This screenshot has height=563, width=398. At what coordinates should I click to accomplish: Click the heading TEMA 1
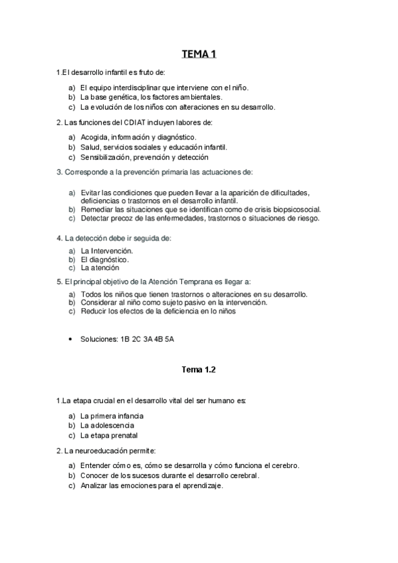coord(199,54)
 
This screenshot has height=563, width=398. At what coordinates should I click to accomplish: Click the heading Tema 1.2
coord(199,369)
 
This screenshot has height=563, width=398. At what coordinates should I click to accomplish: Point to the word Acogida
coord(94,137)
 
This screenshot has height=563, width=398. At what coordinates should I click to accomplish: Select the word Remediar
coord(96,208)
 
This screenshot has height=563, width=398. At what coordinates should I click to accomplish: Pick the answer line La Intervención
coord(106,251)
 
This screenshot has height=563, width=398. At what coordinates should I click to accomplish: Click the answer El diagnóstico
coord(104,260)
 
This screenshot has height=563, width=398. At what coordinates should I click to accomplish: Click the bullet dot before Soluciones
coord(70,339)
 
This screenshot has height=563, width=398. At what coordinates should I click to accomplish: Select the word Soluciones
coord(99,339)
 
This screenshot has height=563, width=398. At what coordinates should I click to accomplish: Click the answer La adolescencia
coord(107,426)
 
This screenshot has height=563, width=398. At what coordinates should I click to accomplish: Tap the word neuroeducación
coord(107,451)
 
